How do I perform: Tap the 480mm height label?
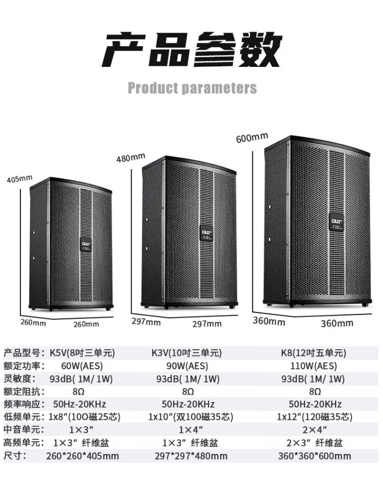tap(131, 158)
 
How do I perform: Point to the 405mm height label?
tap(20, 179)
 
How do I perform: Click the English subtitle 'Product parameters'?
tap(192, 88)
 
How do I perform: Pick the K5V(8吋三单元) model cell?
tap(82, 353)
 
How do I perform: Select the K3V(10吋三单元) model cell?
tap(186, 353)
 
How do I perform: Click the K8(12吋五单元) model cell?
tap(314, 353)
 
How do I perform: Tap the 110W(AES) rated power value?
tap(314, 366)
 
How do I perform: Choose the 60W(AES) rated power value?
tap(82, 366)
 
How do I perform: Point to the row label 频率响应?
tap(24, 404)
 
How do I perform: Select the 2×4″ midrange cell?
tap(315, 429)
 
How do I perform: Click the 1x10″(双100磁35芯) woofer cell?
tap(191, 417)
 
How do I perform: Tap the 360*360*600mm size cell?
tap(315, 455)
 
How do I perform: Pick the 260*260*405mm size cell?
tap(82, 455)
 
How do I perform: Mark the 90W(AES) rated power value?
tap(187, 366)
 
